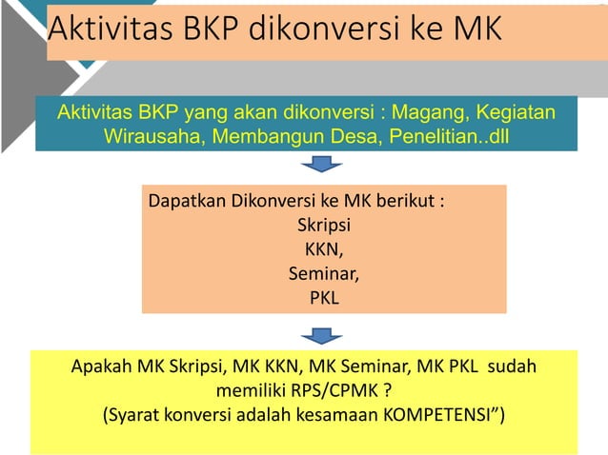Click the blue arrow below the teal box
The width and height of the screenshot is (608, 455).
[321, 166]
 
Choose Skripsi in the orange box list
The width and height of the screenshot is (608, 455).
[324, 227]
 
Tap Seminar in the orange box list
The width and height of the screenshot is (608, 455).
[324, 275]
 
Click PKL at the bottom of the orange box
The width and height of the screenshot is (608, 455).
[324, 299]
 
